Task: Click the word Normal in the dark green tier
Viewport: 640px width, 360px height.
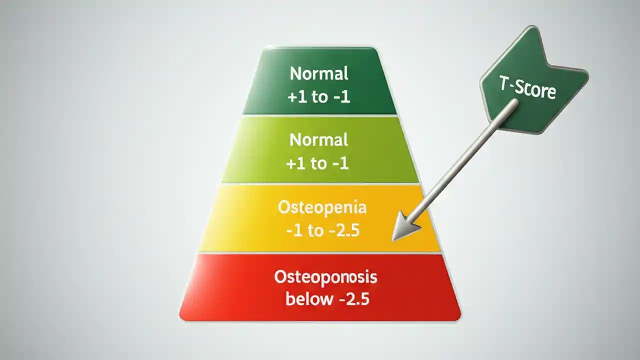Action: point(319,74)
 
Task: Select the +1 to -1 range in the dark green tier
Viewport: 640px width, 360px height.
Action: point(319,96)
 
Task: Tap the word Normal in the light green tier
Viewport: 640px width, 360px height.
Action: point(319,140)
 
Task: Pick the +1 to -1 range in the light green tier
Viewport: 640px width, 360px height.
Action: point(318,163)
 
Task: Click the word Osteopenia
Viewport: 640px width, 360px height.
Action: point(322,207)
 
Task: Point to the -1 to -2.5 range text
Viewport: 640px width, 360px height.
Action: point(322,231)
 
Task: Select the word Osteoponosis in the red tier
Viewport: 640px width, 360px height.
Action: point(325,277)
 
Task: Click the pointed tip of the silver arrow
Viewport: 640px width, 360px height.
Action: point(393,239)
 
